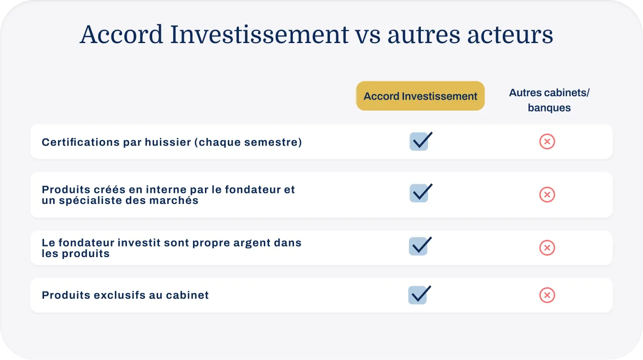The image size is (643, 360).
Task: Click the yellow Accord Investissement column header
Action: tap(420, 96)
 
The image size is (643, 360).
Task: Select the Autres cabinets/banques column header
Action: tap(549, 100)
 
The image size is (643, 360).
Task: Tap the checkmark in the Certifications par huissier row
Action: tap(420, 142)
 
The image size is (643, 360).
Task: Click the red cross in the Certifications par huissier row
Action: tap(547, 142)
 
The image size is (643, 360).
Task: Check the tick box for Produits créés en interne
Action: tap(420, 193)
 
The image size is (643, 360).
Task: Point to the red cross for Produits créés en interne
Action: tap(547, 194)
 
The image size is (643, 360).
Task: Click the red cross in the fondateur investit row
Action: tap(547, 247)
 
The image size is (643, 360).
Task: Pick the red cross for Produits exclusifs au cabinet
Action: tap(547, 295)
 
